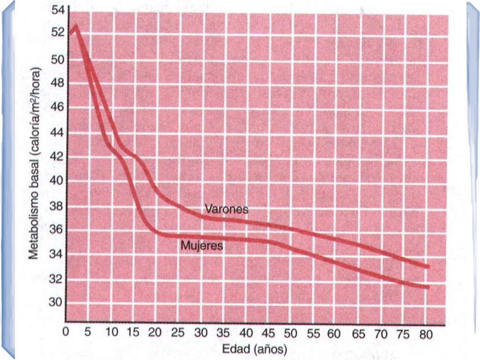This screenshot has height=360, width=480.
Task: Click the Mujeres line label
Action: [201, 246]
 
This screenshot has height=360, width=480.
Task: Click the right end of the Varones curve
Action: [427, 266]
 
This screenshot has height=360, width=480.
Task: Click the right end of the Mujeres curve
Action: [427, 287]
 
